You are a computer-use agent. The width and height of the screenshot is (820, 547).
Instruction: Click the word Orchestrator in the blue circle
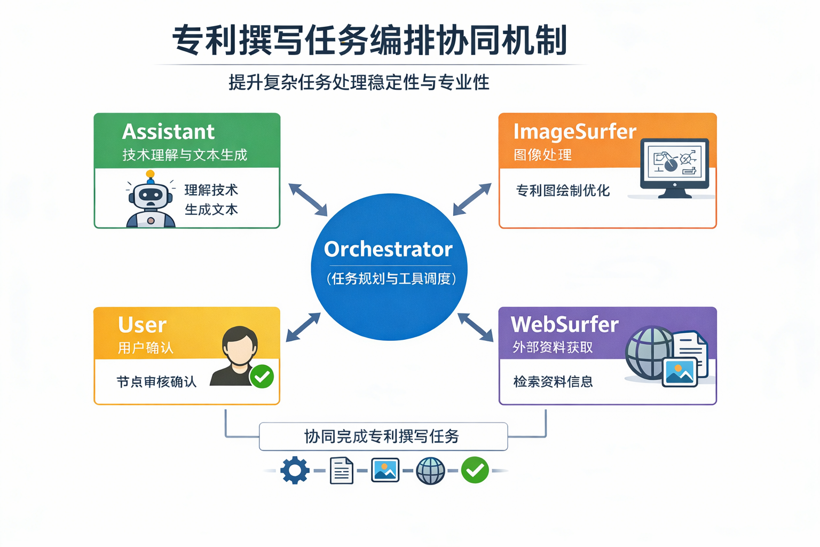click(x=388, y=249)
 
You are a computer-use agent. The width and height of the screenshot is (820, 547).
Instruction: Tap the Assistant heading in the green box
click(x=168, y=131)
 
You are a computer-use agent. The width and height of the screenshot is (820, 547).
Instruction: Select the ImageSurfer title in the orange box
click(x=574, y=131)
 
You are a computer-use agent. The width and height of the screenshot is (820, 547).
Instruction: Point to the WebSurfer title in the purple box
click(x=564, y=324)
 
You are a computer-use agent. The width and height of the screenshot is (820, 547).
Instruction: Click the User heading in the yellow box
click(x=142, y=325)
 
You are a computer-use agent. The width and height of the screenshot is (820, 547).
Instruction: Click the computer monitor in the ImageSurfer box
click(x=675, y=167)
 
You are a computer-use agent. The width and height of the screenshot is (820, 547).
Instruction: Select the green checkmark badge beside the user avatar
click(x=262, y=377)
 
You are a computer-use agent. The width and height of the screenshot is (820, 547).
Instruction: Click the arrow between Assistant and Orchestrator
click(x=308, y=200)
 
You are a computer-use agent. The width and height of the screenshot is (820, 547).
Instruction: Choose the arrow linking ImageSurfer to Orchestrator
click(x=472, y=199)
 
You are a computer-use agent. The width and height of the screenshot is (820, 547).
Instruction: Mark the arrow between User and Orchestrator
click(x=303, y=327)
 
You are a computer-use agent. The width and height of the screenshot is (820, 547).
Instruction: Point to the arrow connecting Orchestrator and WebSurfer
click(x=476, y=327)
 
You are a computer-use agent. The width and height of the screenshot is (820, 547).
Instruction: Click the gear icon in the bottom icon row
click(x=295, y=471)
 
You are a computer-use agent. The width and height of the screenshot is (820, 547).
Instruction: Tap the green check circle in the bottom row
click(x=475, y=471)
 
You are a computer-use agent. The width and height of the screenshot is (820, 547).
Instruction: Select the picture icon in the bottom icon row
click(x=385, y=471)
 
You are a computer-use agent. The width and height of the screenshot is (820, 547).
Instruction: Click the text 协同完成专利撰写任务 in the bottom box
click(x=382, y=436)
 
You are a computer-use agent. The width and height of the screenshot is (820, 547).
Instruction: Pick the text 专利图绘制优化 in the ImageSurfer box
click(x=563, y=191)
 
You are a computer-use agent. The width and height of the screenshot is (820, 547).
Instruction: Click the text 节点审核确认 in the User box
click(x=156, y=382)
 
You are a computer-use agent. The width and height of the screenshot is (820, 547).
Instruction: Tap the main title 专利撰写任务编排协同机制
click(x=369, y=41)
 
